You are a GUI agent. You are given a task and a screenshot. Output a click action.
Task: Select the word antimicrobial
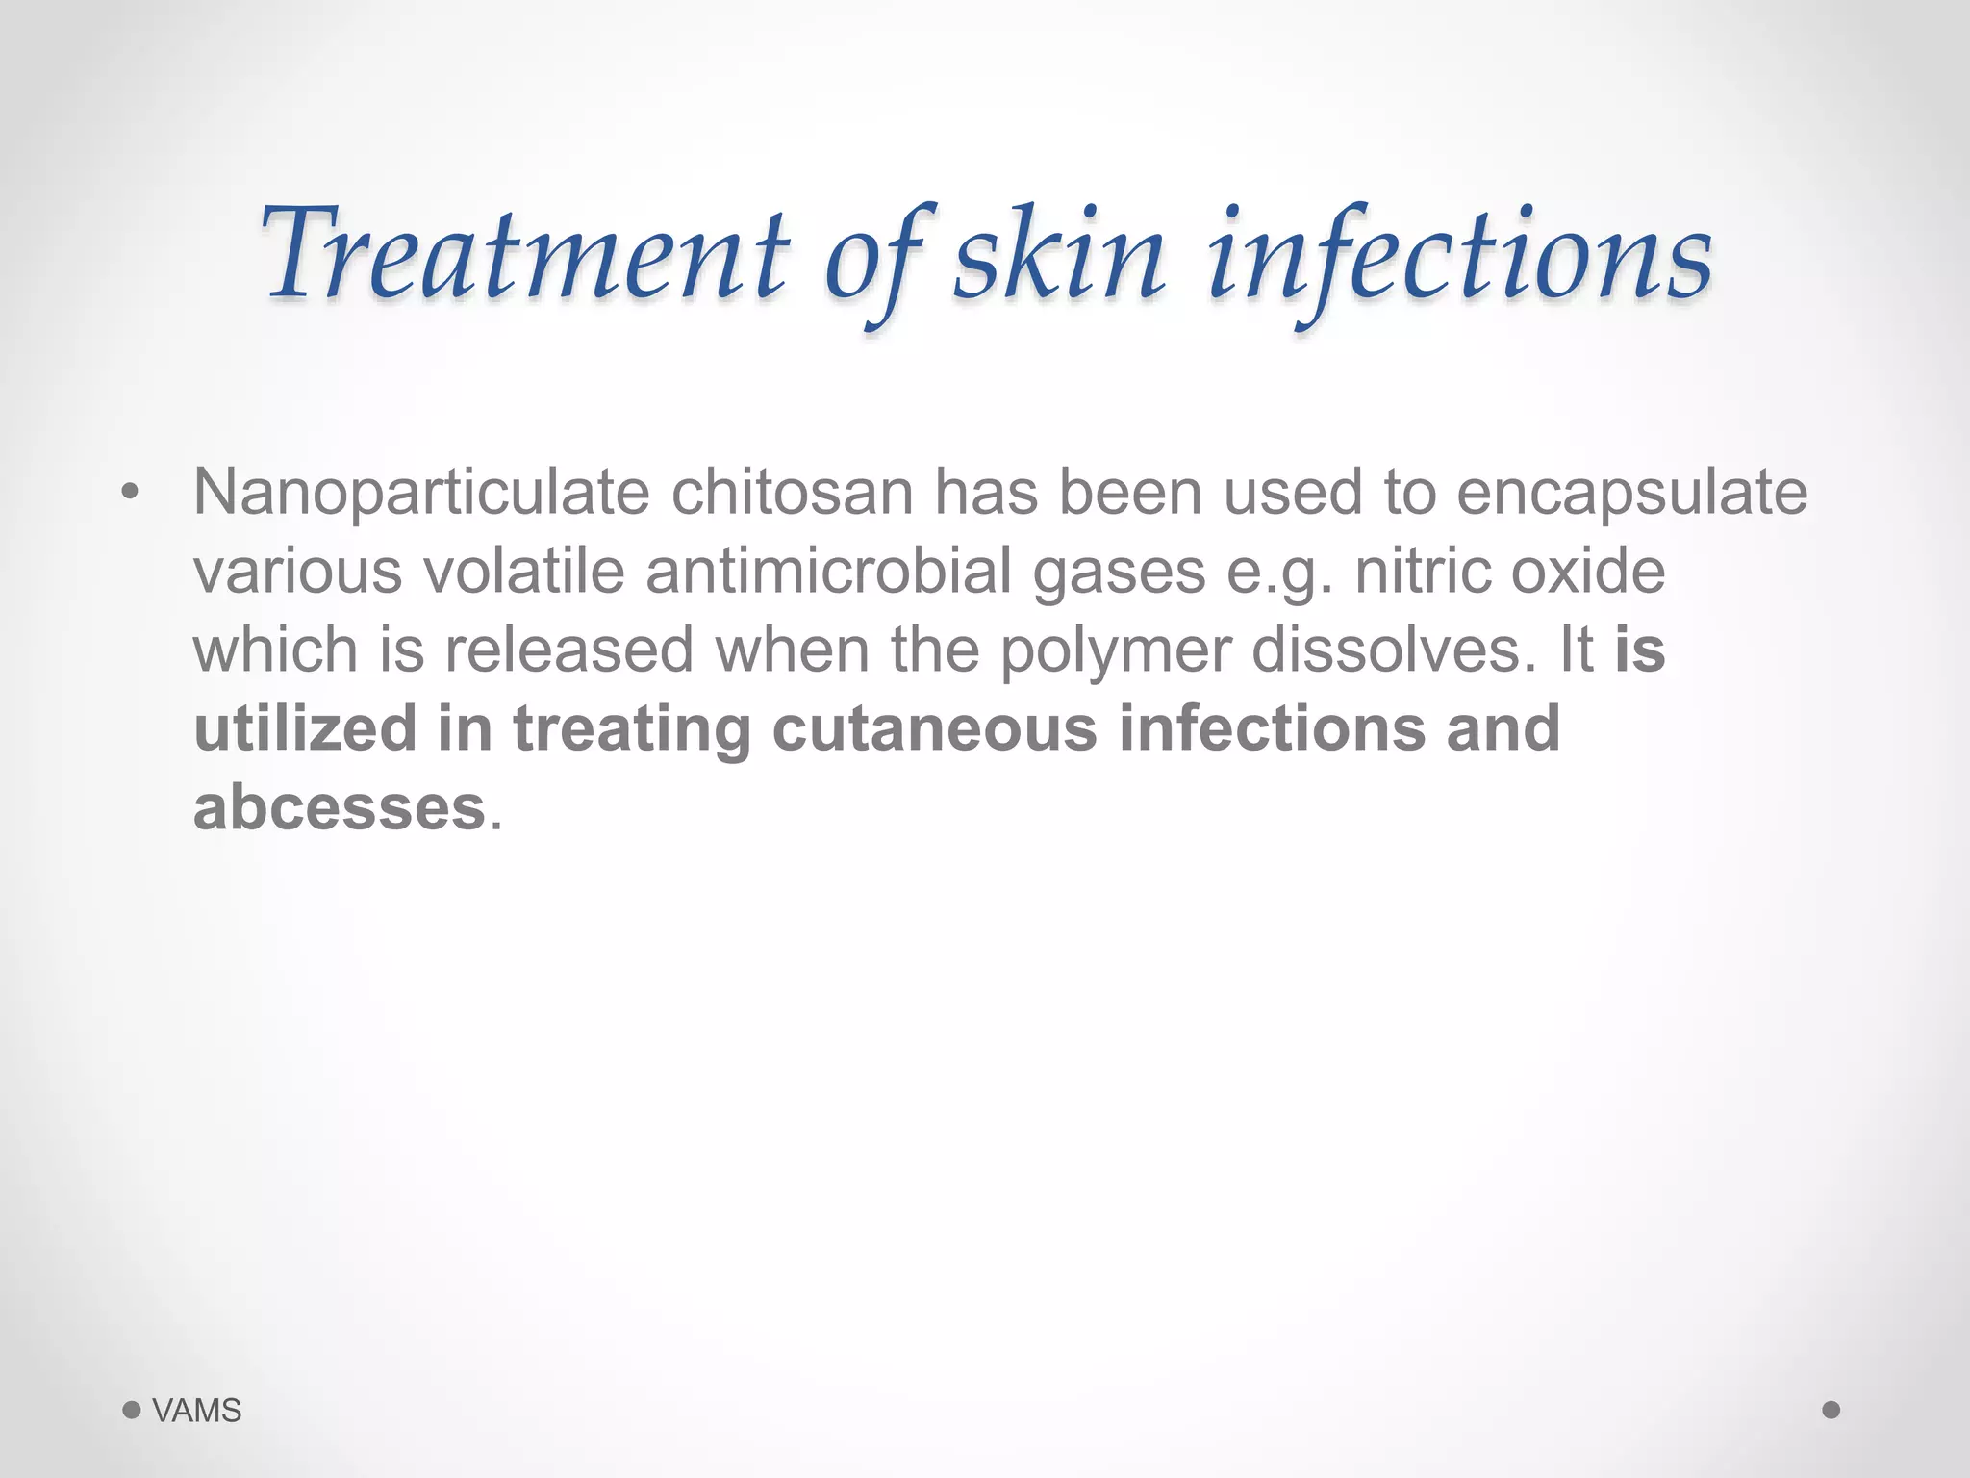828,572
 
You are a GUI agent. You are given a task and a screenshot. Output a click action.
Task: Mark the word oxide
1587,572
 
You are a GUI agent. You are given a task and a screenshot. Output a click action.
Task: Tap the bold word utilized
305,728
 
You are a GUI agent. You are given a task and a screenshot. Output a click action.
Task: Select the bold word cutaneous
934,728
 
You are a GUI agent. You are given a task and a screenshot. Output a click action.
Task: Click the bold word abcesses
340,807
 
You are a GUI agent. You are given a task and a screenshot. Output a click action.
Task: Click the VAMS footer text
197,1411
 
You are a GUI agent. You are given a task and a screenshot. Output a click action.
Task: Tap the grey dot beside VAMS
132,1411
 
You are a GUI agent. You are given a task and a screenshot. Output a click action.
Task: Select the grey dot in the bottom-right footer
1831,1410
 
